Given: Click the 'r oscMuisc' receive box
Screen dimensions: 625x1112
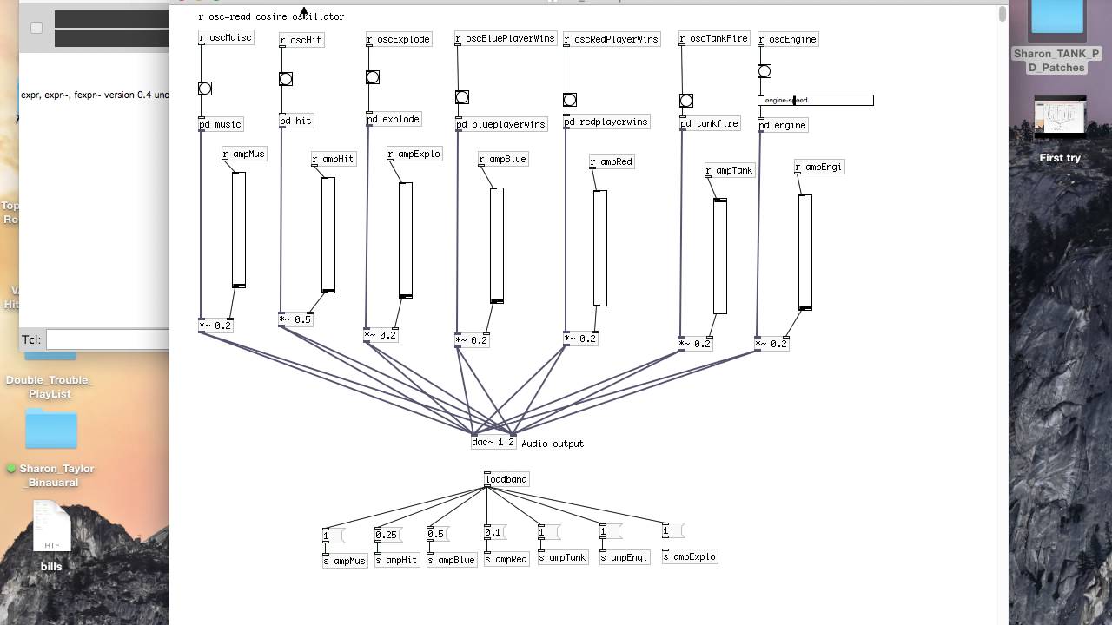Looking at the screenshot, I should (x=226, y=38).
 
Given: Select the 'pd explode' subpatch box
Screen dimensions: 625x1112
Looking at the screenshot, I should (x=394, y=119).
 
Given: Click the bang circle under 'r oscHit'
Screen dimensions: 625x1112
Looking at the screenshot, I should (x=286, y=79).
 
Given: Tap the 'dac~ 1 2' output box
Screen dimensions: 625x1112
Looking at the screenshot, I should (x=493, y=442).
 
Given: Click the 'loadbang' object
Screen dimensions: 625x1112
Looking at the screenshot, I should (x=506, y=479).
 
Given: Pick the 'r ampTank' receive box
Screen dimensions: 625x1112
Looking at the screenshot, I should (x=729, y=170).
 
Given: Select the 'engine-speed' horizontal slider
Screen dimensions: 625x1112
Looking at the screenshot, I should (x=816, y=101).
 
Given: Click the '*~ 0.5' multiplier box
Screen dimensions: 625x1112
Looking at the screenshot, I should (x=295, y=319).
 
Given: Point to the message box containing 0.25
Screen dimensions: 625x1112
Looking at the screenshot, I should (x=387, y=535).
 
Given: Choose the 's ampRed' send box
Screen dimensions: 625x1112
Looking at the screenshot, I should (x=506, y=559).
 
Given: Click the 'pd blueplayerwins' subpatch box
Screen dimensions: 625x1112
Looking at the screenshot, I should (x=502, y=124).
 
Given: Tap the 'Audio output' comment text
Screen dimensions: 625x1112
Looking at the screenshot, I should (x=553, y=444).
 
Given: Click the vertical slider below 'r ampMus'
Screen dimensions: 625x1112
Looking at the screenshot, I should (x=239, y=229).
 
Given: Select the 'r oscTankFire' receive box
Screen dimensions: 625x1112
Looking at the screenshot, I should (x=714, y=38).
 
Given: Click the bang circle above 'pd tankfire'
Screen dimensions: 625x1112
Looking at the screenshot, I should (x=685, y=101).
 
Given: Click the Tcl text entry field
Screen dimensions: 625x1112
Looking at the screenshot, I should (x=108, y=339).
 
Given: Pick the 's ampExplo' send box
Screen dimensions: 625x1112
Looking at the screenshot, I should (x=690, y=556).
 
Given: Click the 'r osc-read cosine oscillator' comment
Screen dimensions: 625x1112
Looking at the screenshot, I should (x=271, y=16).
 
